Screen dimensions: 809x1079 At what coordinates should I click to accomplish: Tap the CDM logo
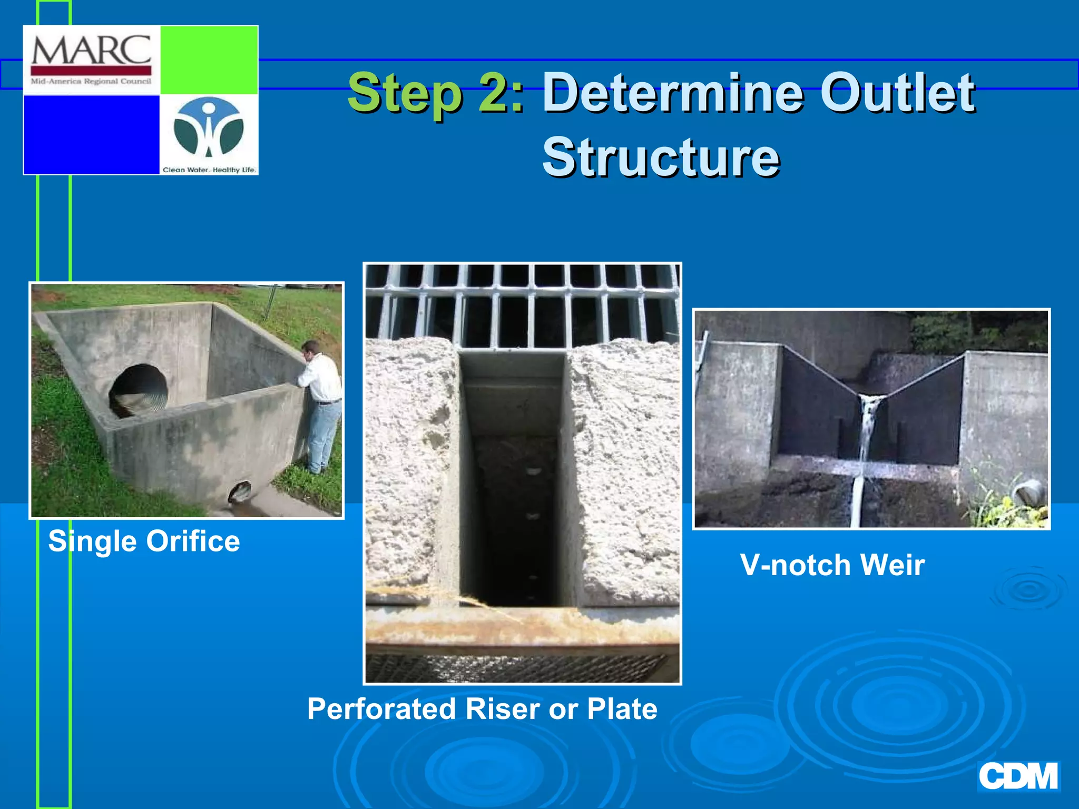click(1018, 776)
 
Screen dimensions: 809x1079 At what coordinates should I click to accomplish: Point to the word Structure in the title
click(661, 157)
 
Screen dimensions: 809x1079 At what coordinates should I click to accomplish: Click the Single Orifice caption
click(144, 541)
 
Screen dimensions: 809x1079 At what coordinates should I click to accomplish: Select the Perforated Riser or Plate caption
click(482, 709)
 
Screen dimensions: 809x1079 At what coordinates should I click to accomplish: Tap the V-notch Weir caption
click(832, 565)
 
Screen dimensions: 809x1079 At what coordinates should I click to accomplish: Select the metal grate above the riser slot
click(522, 305)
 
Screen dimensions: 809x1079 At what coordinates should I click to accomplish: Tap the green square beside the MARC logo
click(209, 60)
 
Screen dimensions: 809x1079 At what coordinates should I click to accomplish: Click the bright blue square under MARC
click(91, 134)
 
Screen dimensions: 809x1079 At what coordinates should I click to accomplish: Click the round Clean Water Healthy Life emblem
click(209, 129)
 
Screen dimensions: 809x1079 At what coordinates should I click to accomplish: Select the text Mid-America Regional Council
click(91, 82)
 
